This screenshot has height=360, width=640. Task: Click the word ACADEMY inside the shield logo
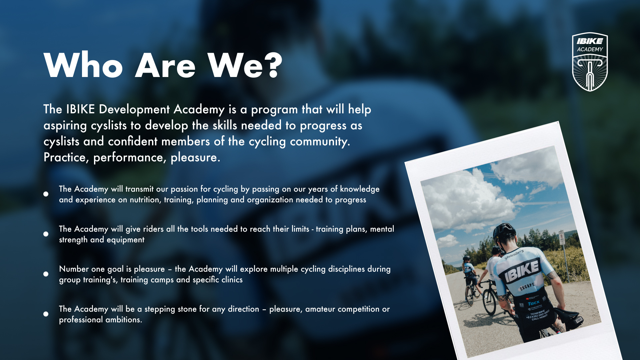pyautogui.click(x=590, y=49)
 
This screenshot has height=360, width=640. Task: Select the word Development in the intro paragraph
pyautogui.click(x=134, y=110)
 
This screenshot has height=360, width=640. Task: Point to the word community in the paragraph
pyautogui.click(x=320, y=142)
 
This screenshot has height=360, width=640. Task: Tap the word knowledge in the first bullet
pyautogui.click(x=360, y=189)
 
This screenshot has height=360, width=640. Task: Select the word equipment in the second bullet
pyautogui.click(x=125, y=240)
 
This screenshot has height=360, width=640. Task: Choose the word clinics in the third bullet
pyautogui.click(x=232, y=280)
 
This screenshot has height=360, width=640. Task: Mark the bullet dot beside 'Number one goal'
pyautogui.click(x=46, y=274)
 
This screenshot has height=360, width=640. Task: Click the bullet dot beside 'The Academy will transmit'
pyautogui.click(x=46, y=194)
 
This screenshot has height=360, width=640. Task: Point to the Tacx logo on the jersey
pyautogui.click(x=534, y=303)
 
